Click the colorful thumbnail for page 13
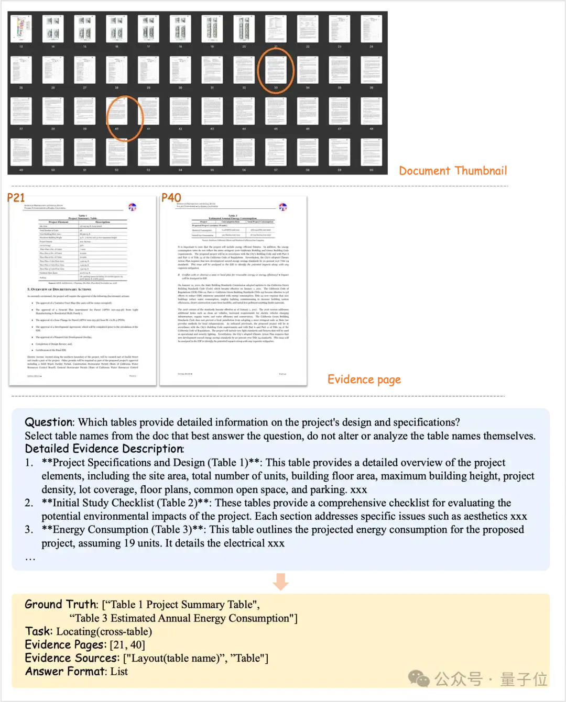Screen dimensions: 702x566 pyautogui.click(x=21, y=28)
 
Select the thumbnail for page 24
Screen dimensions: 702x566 pyautogui.click(x=371, y=28)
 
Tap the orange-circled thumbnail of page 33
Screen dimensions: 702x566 pyautogui.click(x=276, y=69)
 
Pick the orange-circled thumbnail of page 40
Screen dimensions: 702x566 pyautogui.click(x=117, y=111)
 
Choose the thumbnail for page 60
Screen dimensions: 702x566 pyautogui.click(x=371, y=152)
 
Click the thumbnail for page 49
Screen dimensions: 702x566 pyautogui.click(x=21, y=152)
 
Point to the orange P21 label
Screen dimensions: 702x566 pyautogui.click(x=16, y=198)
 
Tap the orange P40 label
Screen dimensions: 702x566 pyautogui.click(x=171, y=198)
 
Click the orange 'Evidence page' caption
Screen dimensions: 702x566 pyautogui.click(x=364, y=380)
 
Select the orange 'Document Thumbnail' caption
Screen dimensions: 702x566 pyautogui.click(x=452, y=170)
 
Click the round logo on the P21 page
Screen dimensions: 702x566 pyautogui.click(x=132, y=207)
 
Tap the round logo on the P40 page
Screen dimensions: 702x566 pyautogui.click(x=283, y=207)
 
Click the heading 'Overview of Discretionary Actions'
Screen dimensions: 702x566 pyautogui.click(x=60, y=289)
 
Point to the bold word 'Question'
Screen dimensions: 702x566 pyautogui.click(x=49, y=422)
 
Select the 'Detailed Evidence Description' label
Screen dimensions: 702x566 pyautogui.click(x=104, y=449)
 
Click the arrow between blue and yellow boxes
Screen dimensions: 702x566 pyautogui.click(x=281, y=582)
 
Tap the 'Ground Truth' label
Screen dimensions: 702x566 pyautogui.click(x=61, y=605)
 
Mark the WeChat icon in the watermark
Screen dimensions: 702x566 pyautogui.click(x=419, y=679)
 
